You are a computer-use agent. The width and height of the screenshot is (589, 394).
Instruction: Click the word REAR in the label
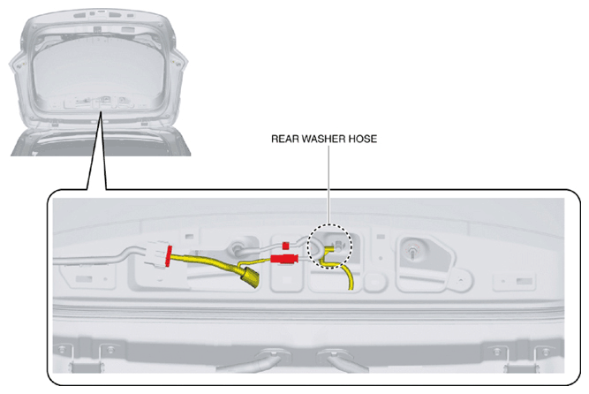[285, 139]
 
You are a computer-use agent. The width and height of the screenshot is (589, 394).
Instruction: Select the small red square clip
[285, 246]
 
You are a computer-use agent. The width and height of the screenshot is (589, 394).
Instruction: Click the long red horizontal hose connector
[284, 258]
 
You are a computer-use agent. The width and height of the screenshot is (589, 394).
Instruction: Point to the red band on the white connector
[168, 255]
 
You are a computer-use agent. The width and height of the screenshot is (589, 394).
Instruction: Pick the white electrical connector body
[156, 254]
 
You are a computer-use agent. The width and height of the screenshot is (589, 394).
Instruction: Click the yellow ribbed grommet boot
[248, 277]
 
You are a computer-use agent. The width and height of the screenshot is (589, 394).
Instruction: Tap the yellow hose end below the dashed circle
[350, 280]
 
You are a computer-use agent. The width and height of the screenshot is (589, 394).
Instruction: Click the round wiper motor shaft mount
[412, 250]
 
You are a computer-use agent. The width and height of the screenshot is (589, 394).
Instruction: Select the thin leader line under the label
[328, 185]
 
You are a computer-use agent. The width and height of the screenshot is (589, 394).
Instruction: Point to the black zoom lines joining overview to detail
[96, 150]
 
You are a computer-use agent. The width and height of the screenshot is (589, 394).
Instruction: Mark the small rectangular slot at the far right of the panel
[524, 281]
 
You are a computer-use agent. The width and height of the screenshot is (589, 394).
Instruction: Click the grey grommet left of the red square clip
[238, 246]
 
